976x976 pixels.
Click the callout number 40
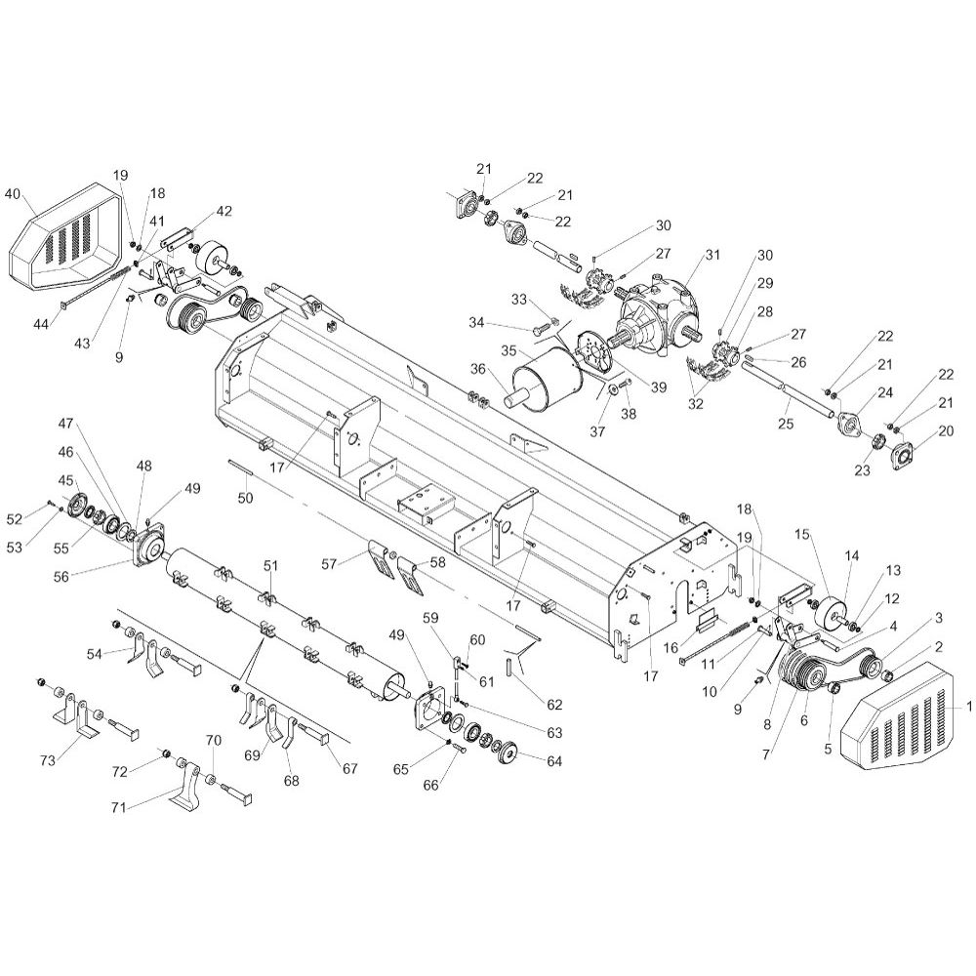pyautogui.click(x=13, y=193)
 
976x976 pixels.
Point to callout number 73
pyautogui.click(x=48, y=760)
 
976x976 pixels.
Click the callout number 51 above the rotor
pyautogui.click(x=270, y=566)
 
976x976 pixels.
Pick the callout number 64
pyautogui.click(x=553, y=761)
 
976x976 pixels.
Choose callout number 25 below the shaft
pyautogui.click(x=786, y=424)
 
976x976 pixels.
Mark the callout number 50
pyautogui.click(x=246, y=498)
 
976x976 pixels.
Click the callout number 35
pyautogui.click(x=509, y=351)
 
